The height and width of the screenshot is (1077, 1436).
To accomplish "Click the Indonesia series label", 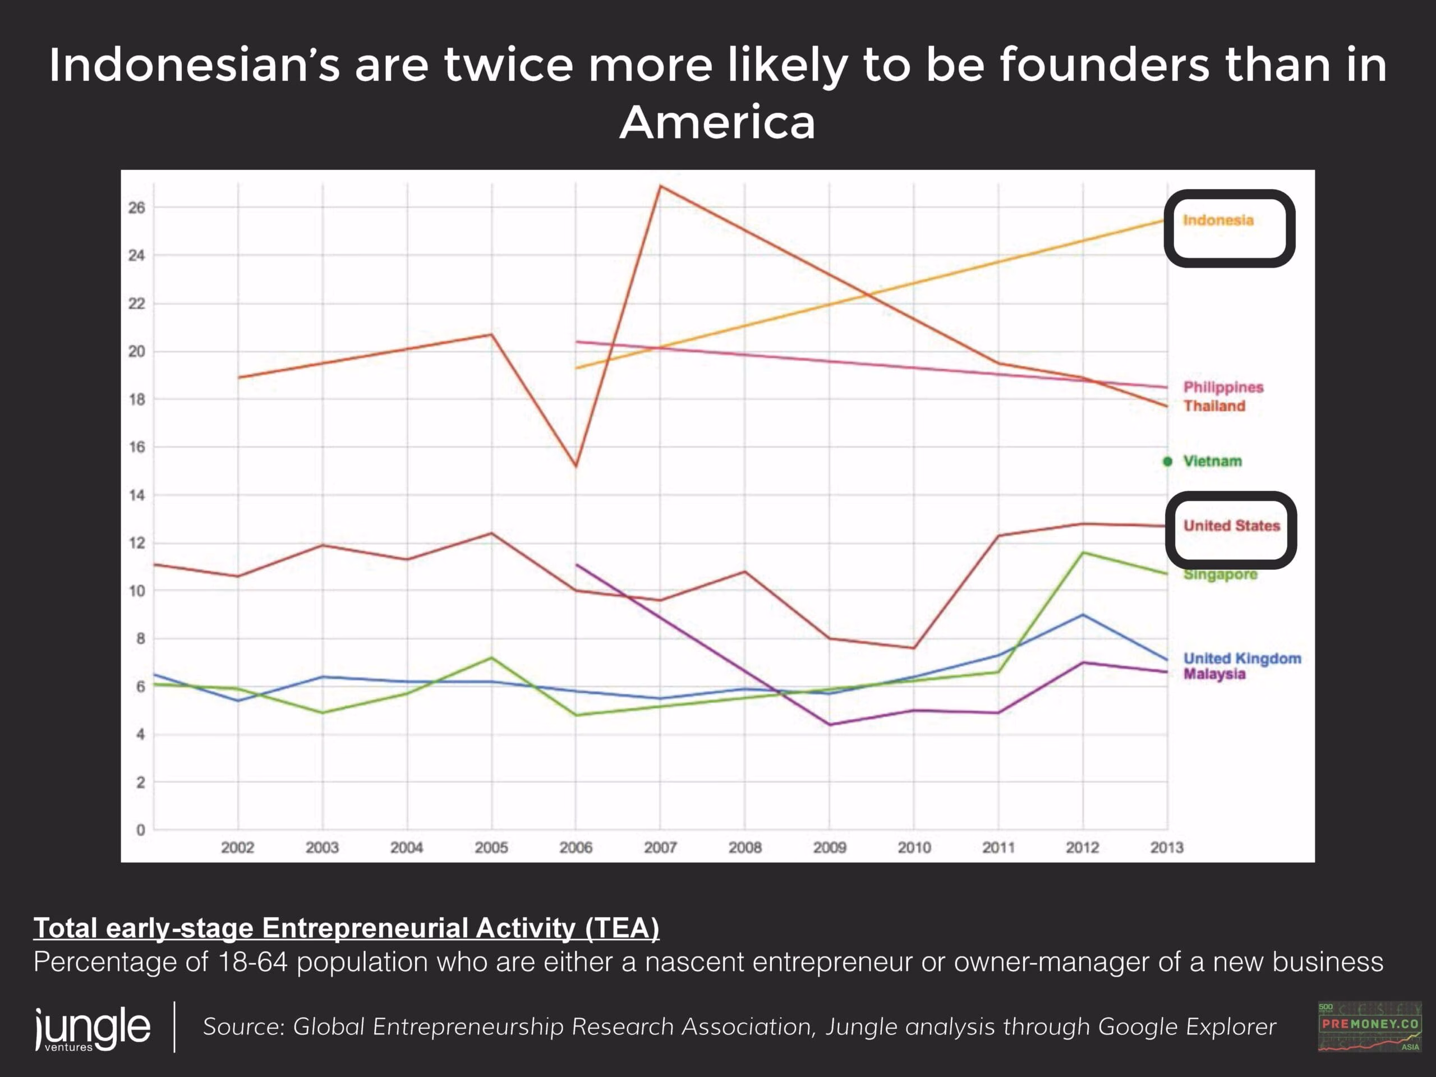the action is (1218, 220).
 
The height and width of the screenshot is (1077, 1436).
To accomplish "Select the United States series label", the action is (1231, 525).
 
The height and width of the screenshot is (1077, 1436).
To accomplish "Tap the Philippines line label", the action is (1223, 387).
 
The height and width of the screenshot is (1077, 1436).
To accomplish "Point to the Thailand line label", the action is (1214, 406).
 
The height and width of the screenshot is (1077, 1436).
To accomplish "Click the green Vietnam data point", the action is (1167, 461).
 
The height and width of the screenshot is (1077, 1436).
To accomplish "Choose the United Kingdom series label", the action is (1242, 659).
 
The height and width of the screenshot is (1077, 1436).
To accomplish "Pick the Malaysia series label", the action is (1214, 674).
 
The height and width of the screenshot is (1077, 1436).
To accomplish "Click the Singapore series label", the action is (1220, 574).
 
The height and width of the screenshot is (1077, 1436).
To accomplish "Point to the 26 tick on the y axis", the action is (136, 207).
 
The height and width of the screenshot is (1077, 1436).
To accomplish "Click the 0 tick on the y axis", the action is (140, 830).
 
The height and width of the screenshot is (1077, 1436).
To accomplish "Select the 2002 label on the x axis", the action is (238, 847).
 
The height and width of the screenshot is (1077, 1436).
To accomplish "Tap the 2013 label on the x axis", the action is (1167, 847).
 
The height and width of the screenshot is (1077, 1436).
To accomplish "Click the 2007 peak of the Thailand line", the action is (660, 186).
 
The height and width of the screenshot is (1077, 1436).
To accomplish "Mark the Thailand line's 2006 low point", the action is (576, 466).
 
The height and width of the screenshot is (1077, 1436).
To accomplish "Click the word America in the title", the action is (717, 122).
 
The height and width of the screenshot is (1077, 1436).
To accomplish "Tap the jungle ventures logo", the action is (93, 1028).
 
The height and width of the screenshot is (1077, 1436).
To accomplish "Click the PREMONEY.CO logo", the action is (1370, 1027).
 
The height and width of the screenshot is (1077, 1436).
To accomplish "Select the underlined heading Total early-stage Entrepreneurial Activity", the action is (346, 928).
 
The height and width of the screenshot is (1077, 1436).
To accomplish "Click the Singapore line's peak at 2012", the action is (1083, 553).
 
